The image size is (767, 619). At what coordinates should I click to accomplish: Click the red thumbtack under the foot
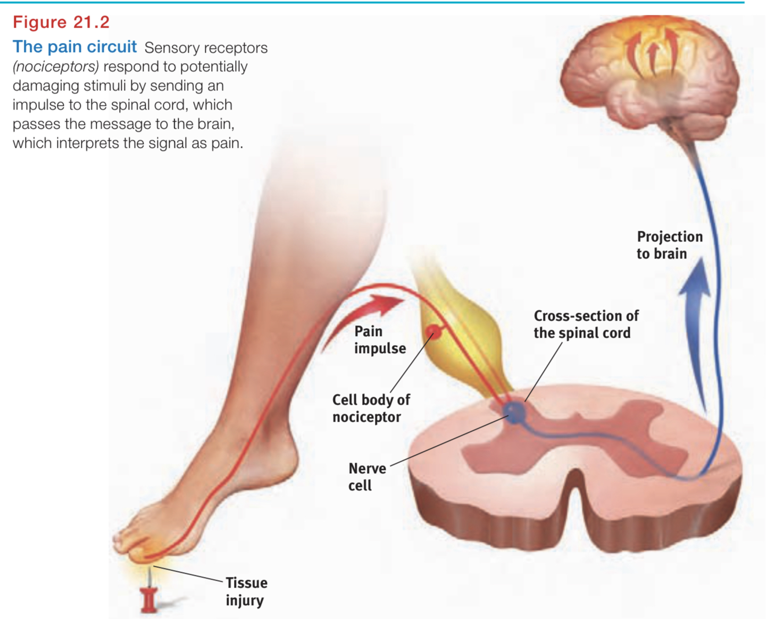[x=149, y=598]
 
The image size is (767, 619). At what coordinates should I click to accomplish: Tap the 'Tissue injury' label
[x=246, y=591]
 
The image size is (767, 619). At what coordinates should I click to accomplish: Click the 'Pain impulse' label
[x=379, y=340]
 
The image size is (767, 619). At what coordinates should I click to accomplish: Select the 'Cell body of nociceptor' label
[x=371, y=408]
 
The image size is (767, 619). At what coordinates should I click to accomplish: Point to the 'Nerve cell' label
[x=366, y=477]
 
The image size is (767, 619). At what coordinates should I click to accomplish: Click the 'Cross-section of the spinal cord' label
[x=585, y=324]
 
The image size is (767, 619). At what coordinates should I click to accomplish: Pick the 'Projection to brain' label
[x=669, y=245]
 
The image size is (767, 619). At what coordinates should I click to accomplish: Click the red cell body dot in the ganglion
[x=433, y=332]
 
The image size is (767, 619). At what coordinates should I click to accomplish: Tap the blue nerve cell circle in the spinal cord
[x=514, y=412]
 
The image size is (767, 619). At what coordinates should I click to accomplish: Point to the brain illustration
[x=652, y=80]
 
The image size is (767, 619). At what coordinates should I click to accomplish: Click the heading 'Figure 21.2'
[x=61, y=22]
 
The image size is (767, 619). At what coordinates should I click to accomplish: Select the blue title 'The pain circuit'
[x=74, y=47]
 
